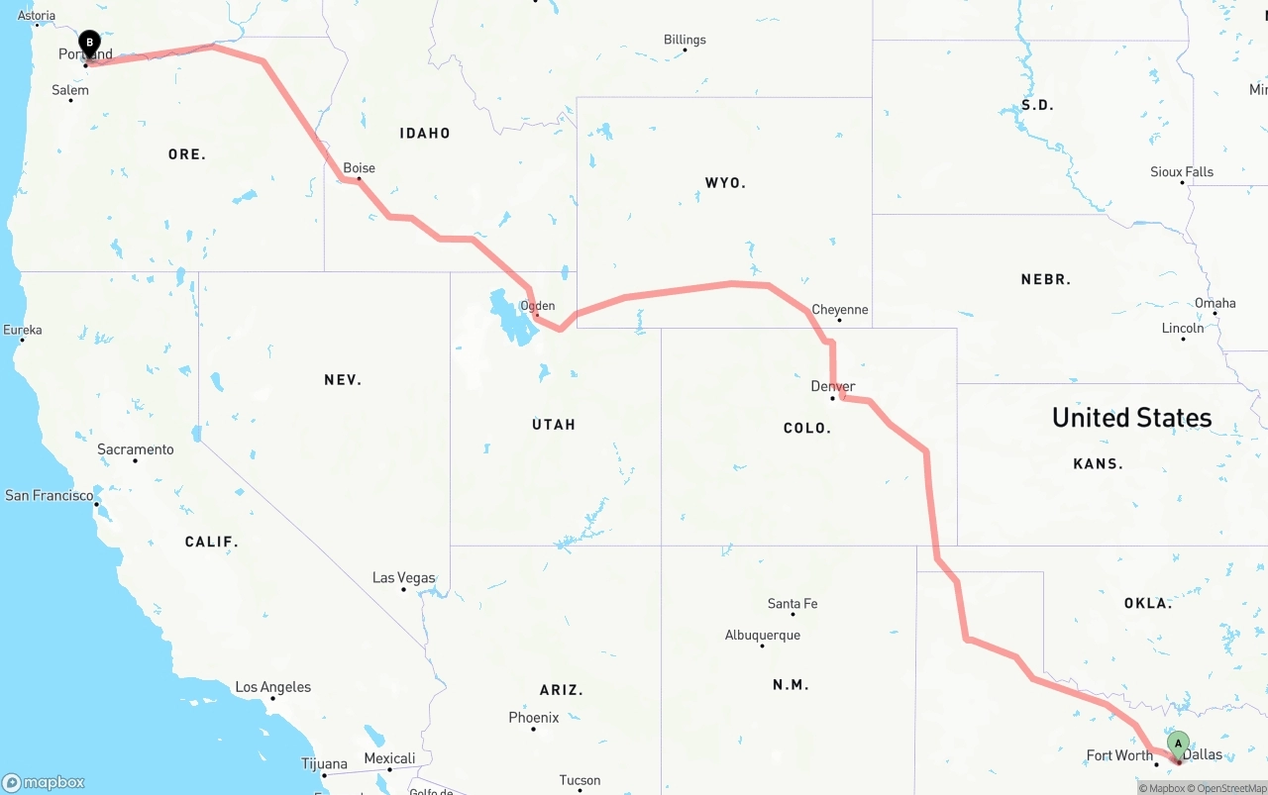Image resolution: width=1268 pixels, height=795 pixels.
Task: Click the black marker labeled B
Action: [89, 44]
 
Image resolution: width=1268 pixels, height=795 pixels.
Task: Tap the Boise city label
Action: [359, 168]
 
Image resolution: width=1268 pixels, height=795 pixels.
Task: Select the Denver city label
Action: [832, 386]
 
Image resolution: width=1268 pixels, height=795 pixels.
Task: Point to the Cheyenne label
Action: [839, 310]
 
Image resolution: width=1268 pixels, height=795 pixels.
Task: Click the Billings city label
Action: [685, 40]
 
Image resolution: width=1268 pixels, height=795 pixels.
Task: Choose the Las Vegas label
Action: [403, 577]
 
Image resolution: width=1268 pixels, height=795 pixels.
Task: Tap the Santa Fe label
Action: [792, 604]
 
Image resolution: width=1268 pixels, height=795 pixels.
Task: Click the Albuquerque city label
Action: [762, 636]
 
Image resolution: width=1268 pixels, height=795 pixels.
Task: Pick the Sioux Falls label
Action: [1181, 172]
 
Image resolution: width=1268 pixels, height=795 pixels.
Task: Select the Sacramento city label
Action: [135, 449]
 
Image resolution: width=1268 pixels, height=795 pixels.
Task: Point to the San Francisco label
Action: [50, 495]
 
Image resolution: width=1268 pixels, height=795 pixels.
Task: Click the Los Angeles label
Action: [272, 687]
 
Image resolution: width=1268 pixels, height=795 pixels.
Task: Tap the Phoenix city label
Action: [533, 718]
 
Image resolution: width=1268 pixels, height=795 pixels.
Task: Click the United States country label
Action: [1131, 418]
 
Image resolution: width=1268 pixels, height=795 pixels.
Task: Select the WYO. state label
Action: [725, 183]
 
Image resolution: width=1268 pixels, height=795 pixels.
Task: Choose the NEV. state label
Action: [343, 380]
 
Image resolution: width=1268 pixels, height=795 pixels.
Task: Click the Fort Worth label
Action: [1119, 755]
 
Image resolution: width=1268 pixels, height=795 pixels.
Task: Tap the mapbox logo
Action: [44, 782]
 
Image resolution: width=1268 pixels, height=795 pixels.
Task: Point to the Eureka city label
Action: [22, 330]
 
